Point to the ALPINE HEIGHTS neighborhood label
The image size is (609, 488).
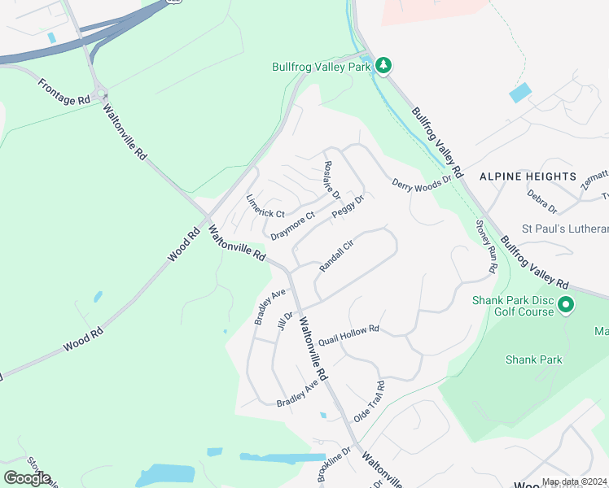click(x=528, y=176)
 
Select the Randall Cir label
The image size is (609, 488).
click(x=336, y=255)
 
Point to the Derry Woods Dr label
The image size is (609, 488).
click(x=422, y=184)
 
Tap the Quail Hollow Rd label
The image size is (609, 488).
click(x=349, y=334)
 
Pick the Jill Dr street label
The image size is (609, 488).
click(x=285, y=320)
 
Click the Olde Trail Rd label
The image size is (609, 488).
click(x=368, y=402)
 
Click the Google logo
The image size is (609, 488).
click(x=27, y=478)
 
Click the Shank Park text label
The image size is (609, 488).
click(x=533, y=359)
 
